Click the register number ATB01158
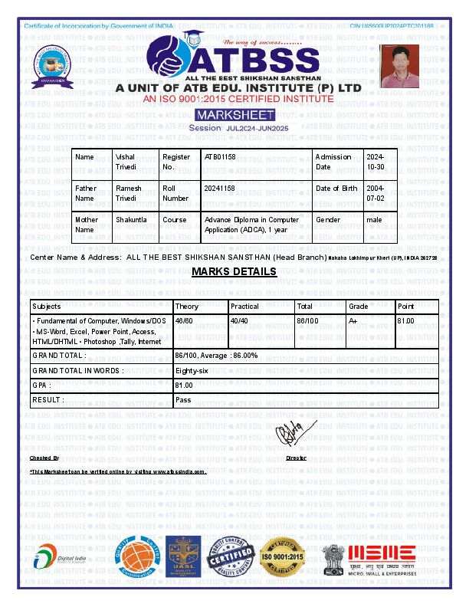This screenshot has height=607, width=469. tap(218, 157)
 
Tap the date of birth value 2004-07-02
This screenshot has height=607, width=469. tap(376, 193)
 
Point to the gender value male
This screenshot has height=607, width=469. tap(374, 219)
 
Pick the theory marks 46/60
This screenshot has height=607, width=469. tap(184, 320)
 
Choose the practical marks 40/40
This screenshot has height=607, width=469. tap(239, 320)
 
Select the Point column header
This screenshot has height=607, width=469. tap(405, 306)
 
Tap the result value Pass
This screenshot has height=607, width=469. tap(183, 400)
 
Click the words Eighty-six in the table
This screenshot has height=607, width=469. tap(192, 371)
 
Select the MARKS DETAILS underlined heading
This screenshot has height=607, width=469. tap(234, 272)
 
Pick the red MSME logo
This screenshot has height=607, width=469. tap(382, 554)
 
